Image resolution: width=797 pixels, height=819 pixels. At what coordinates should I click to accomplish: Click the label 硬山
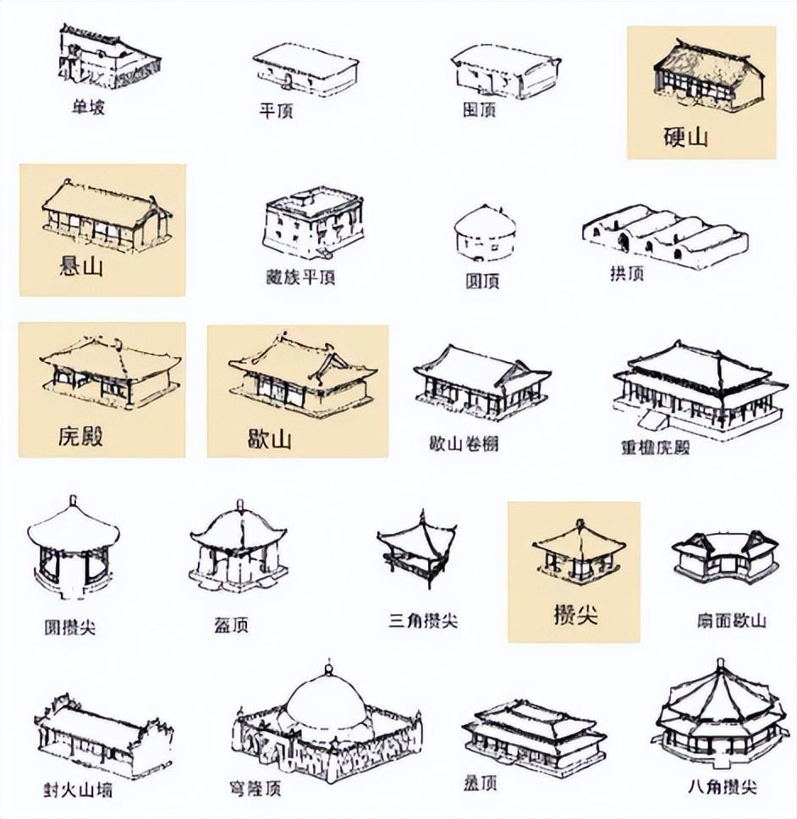click(x=685, y=138)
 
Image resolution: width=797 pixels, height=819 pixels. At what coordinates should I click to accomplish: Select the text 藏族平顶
click(x=300, y=277)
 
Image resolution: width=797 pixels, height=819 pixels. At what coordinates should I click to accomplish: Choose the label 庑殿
click(x=81, y=437)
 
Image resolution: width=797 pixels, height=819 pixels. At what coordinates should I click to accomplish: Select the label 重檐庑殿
click(x=655, y=447)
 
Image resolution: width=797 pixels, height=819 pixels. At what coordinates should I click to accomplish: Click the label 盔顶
click(x=231, y=626)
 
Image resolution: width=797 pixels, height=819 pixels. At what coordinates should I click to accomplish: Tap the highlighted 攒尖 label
click(x=575, y=614)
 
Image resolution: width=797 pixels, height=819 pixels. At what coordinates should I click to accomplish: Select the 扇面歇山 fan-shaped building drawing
click(x=724, y=557)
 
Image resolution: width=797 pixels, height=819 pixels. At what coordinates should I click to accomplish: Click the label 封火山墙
click(x=78, y=793)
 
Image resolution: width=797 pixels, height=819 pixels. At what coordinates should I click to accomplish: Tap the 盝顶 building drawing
click(x=533, y=728)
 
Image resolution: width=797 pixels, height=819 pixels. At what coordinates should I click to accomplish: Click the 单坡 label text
click(x=88, y=107)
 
